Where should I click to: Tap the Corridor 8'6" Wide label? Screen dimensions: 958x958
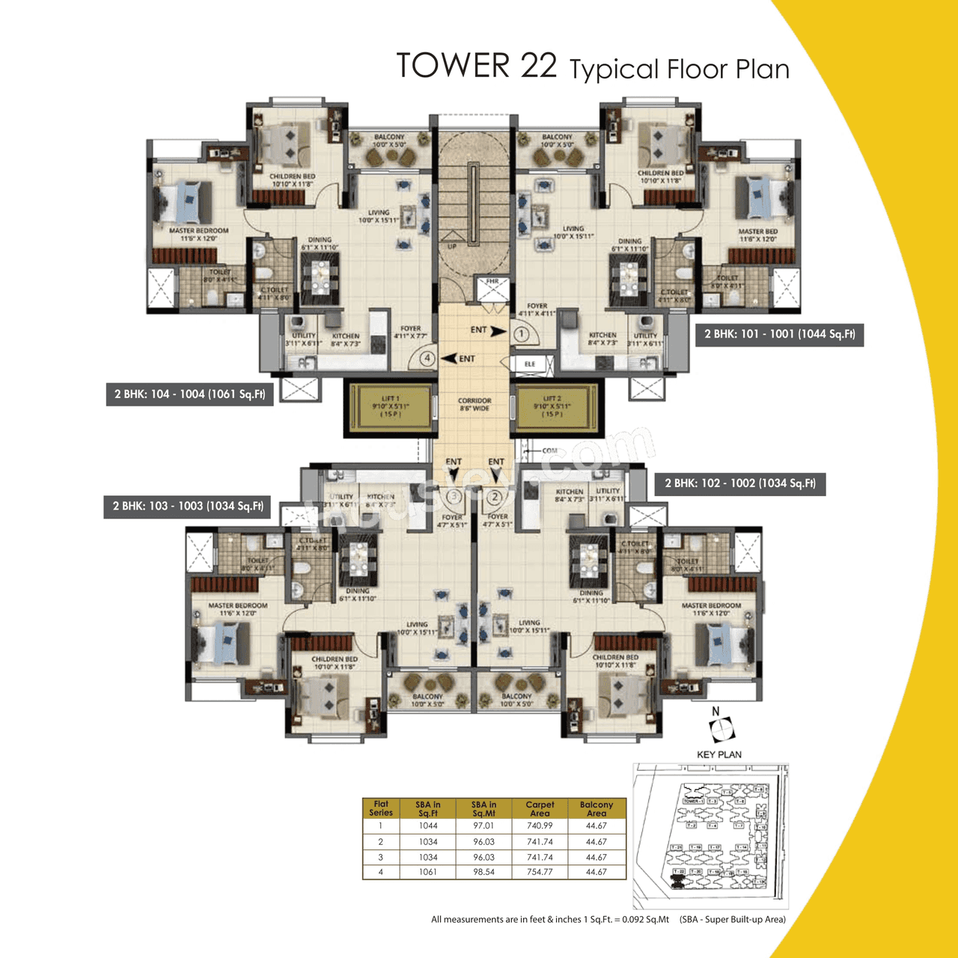pyautogui.click(x=475, y=405)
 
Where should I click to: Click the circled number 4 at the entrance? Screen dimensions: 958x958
pyautogui.click(x=427, y=359)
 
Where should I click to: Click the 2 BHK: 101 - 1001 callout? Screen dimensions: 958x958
pyautogui.click(x=779, y=335)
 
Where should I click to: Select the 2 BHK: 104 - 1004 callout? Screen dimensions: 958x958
pyautogui.click(x=189, y=394)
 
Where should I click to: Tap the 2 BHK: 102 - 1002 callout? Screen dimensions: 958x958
pyautogui.click(x=739, y=483)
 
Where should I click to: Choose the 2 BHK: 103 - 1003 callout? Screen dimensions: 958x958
pyautogui.click(x=188, y=507)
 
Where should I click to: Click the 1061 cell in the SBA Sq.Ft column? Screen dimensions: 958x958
pyautogui.click(x=428, y=872)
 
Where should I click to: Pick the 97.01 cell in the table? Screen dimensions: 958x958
pyautogui.click(x=483, y=826)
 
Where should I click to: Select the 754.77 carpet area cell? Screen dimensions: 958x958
pyautogui.click(x=540, y=872)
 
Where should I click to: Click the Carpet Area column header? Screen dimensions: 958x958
pyautogui.click(x=540, y=809)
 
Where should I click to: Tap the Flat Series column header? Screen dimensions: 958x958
pyautogui.click(x=381, y=809)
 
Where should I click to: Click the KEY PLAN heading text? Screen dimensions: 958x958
pyautogui.click(x=718, y=754)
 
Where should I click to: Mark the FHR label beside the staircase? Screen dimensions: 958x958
pyautogui.click(x=492, y=282)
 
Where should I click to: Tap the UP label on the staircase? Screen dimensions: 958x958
pyautogui.click(x=452, y=246)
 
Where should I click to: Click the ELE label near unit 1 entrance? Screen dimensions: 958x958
pyautogui.click(x=530, y=364)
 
